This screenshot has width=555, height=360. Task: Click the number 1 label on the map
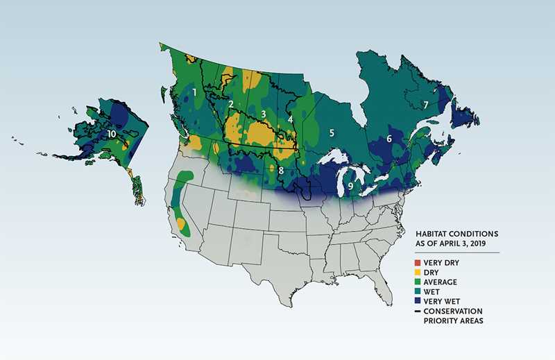[x=195, y=92]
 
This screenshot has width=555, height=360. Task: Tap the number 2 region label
[x=230, y=104]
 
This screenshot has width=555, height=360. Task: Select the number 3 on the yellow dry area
[x=263, y=114]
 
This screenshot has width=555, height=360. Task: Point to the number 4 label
[x=290, y=119]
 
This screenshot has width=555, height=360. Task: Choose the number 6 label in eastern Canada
[x=389, y=139]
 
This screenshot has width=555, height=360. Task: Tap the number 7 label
[x=425, y=105]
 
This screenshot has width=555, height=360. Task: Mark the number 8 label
[x=280, y=170]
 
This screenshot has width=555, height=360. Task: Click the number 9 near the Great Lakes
[x=351, y=186]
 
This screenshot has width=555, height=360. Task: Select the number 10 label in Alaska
[x=112, y=132]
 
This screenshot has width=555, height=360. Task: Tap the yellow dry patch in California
[x=182, y=224]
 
